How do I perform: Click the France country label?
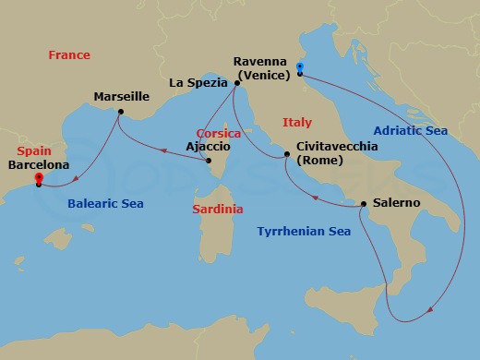(69, 55)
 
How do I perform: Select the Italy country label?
(297, 122)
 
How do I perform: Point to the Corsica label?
(219, 134)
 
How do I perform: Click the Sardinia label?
(218, 210)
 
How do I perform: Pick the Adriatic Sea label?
(416, 131)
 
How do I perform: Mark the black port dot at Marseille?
(118, 114)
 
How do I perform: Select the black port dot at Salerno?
(363, 203)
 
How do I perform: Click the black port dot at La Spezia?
(237, 83)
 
